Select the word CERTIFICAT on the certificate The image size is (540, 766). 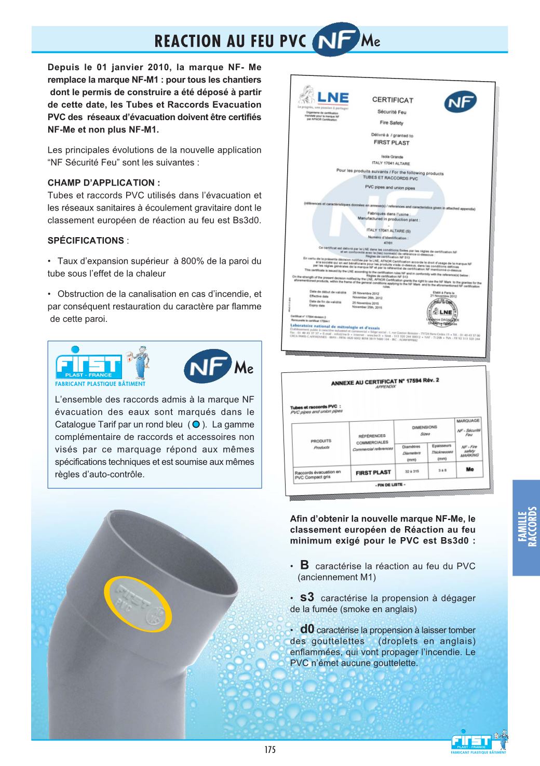tap(392, 100)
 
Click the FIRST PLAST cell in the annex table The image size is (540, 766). tap(373, 472)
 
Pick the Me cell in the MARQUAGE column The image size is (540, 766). tap(469, 469)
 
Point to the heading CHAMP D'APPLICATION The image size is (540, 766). tap(104, 183)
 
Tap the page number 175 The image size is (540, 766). tap(269, 749)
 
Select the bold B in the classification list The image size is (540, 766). tap(305, 565)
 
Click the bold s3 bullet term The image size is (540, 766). tap(307, 597)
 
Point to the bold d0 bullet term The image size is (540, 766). tap(306, 629)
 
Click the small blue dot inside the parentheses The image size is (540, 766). tap(196, 425)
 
